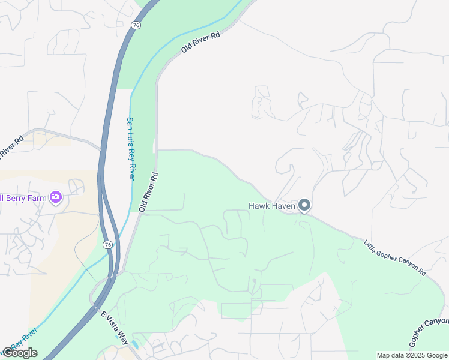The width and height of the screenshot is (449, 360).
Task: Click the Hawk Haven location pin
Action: [x=304, y=206]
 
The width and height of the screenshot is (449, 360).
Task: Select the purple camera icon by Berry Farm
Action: [x=56, y=197]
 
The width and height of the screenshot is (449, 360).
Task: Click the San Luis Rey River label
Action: [x=130, y=148]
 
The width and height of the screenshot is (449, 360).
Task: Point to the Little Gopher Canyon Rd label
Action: [x=394, y=257]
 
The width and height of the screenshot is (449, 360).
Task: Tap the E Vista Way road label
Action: [x=115, y=328]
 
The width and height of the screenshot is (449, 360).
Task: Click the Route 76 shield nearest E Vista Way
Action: [x=107, y=245]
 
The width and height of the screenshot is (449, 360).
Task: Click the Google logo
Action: [x=20, y=353]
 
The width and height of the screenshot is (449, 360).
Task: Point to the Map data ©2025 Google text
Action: [x=412, y=355]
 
